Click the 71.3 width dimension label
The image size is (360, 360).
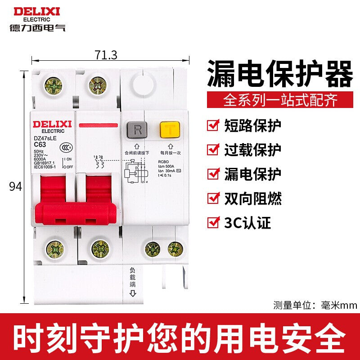[x=106, y=55]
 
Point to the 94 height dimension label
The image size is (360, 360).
[x=15, y=186]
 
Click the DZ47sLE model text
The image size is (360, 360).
[x=45, y=138]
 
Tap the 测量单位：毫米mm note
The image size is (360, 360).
[x=315, y=306]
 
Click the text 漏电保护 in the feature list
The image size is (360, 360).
[x=252, y=173]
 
